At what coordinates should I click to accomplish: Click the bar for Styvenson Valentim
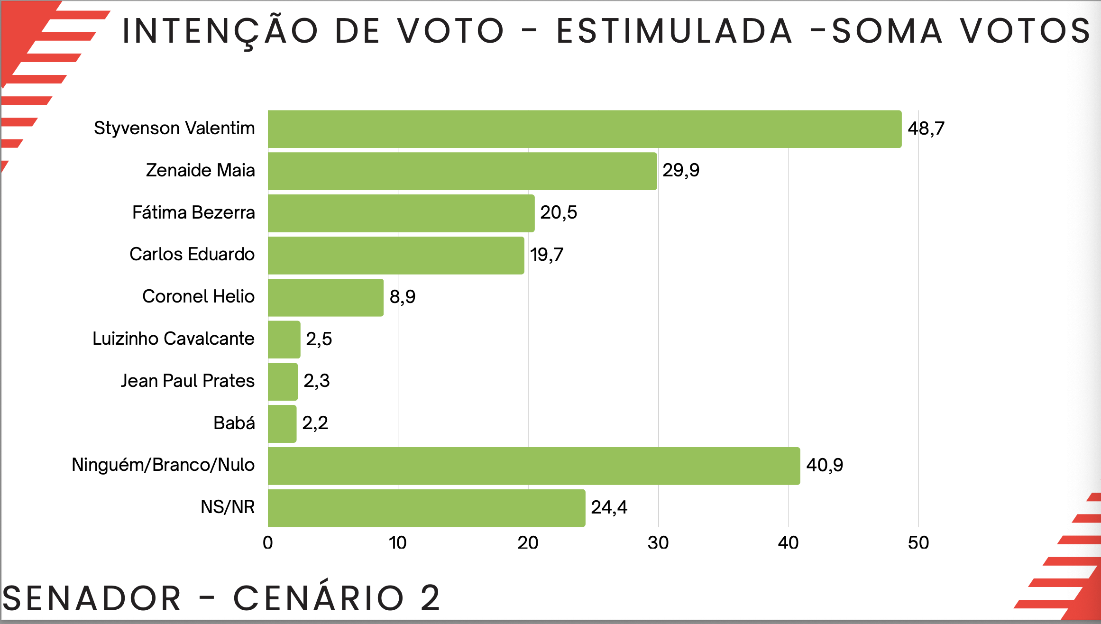pos(584,129)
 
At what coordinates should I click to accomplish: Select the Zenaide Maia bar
pos(462,171)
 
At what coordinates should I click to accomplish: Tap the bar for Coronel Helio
pos(325,297)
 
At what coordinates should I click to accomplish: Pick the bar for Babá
pos(282,423)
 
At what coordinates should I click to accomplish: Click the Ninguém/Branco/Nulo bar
pos(533,466)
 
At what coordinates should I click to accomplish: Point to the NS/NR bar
pos(426,508)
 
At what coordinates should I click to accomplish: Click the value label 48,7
pos(926,128)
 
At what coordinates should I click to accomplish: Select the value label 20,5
pos(559,212)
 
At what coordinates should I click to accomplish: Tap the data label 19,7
pos(547,255)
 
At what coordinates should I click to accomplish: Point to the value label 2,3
pos(317,381)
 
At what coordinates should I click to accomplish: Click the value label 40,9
pos(825,465)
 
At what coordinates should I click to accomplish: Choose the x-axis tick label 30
pos(658,543)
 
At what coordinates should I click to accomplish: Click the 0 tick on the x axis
pos(268,543)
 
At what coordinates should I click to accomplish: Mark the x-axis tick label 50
pos(918,543)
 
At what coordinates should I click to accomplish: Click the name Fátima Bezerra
pos(193,212)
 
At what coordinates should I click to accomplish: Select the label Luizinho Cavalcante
pos(174,339)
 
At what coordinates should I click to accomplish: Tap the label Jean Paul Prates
pos(188,381)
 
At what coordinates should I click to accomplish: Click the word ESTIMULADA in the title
pos(674,31)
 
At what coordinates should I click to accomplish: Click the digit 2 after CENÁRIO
pos(430,597)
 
